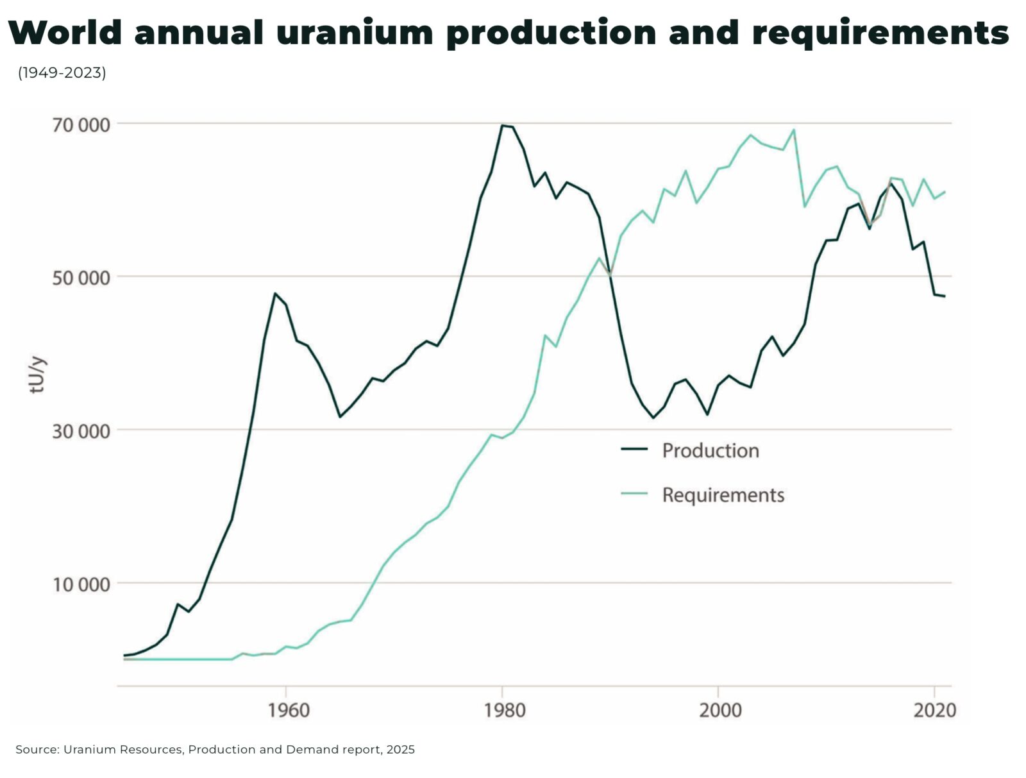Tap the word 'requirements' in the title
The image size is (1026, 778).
click(x=880, y=33)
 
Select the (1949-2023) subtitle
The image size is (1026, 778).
click(x=62, y=73)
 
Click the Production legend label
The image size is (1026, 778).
click(x=711, y=450)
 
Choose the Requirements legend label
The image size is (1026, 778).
click(x=723, y=495)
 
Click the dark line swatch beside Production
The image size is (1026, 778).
click(x=634, y=449)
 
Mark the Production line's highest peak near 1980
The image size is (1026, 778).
click(x=503, y=126)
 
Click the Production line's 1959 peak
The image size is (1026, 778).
click(x=274, y=294)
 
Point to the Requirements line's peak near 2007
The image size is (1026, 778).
click(x=794, y=130)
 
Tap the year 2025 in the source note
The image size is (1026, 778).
click(x=401, y=749)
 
